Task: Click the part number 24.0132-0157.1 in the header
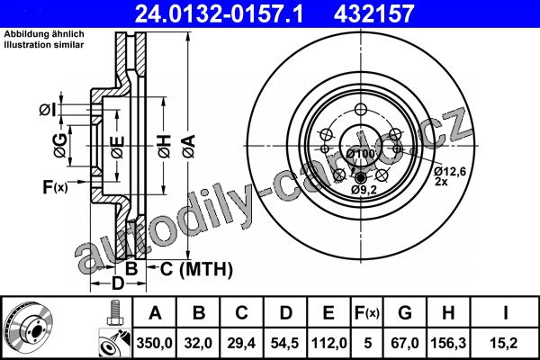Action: click(219, 13)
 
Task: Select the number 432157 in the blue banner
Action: click(373, 13)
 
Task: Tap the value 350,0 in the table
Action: click(154, 343)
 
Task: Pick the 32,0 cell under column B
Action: click(198, 343)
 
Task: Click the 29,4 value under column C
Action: click(241, 343)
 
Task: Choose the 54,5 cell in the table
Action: click(284, 343)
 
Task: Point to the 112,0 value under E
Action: click(328, 343)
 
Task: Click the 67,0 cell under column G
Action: click(405, 343)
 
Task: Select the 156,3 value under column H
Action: click(448, 343)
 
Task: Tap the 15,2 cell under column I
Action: click(505, 343)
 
